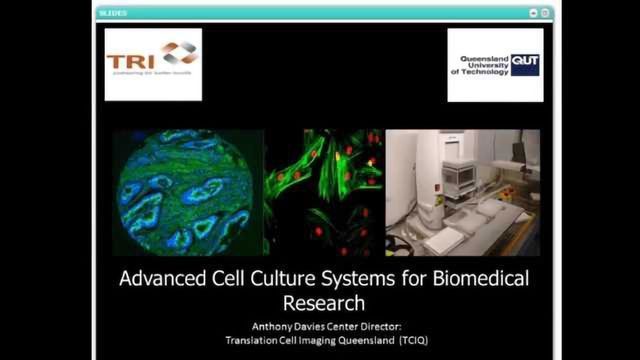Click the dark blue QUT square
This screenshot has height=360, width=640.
[x=525, y=65]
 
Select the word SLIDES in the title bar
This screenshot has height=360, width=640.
[x=112, y=13]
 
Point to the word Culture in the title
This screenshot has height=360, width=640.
[x=280, y=280]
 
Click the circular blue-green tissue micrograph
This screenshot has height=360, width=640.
[x=185, y=190]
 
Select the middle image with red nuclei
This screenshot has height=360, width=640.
[x=324, y=190]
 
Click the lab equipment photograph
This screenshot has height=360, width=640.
[x=462, y=190]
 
